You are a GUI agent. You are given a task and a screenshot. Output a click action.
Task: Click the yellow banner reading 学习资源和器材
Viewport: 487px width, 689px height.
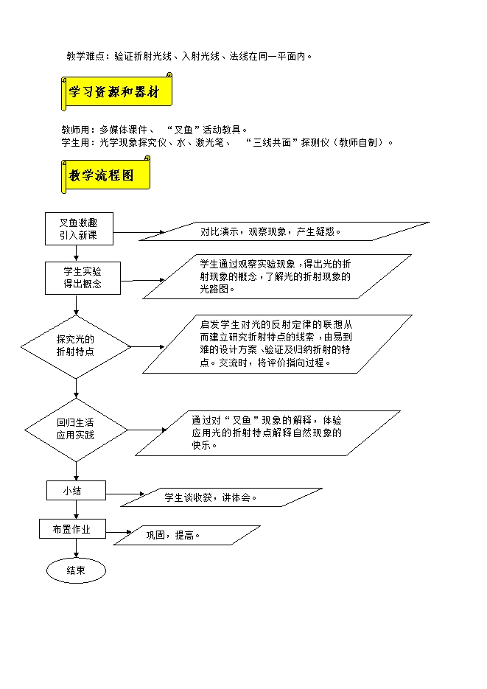tap(116, 91)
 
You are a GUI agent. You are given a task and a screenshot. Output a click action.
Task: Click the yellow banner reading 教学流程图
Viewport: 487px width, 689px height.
tap(105, 175)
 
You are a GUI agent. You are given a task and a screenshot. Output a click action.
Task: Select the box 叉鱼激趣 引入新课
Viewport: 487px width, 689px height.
tap(77, 230)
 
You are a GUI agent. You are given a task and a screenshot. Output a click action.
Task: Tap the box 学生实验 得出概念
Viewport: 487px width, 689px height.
tap(82, 278)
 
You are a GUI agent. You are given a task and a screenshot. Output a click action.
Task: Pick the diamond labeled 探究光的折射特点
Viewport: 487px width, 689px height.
tap(76, 346)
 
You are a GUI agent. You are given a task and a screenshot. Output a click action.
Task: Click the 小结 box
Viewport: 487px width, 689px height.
tap(76, 490)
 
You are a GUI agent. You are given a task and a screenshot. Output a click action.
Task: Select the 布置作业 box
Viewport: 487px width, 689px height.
tap(73, 529)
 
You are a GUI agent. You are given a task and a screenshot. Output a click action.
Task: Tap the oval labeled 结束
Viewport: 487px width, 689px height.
tap(76, 570)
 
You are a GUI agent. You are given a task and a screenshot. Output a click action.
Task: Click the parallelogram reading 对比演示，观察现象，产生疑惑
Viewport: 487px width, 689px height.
tap(284, 231)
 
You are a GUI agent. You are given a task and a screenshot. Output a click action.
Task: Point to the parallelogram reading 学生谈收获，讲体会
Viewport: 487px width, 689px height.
tap(211, 497)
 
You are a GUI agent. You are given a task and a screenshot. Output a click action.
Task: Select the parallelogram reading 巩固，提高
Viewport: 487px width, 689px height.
tap(193, 535)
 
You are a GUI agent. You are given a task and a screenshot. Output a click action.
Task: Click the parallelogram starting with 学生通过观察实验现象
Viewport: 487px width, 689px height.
tap(276, 276)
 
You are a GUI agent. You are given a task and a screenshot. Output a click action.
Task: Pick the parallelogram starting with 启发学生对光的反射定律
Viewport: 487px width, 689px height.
tap(277, 343)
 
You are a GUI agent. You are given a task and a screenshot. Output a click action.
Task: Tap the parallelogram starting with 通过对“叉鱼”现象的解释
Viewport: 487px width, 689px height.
tap(267, 433)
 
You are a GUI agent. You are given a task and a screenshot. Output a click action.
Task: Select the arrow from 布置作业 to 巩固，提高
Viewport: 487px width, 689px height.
tap(119, 532)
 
